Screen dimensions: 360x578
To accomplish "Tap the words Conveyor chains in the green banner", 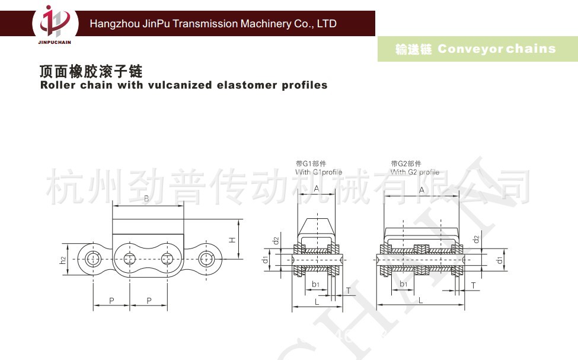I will [497, 49].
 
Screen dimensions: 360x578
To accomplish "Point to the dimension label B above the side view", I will [146, 198].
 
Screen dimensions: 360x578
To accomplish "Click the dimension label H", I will [232, 240].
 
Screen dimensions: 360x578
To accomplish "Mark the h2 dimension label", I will [63, 259].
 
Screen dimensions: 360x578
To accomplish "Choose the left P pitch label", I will [111, 301].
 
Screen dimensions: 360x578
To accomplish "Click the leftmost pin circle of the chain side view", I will [92, 259].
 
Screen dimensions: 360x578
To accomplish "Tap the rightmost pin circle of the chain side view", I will [205, 259].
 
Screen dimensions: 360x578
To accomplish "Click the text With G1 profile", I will [319, 172].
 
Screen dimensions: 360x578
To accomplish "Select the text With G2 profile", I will [414, 172].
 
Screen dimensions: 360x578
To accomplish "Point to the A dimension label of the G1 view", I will [317, 189].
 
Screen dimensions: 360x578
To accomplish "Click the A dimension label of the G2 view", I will [421, 190].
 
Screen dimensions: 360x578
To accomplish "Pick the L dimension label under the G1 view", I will [317, 302].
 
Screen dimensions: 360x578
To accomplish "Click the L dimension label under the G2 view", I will [420, 301].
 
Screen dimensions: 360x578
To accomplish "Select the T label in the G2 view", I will [473, 285].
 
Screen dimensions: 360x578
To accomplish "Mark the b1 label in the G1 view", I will [316, 285].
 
